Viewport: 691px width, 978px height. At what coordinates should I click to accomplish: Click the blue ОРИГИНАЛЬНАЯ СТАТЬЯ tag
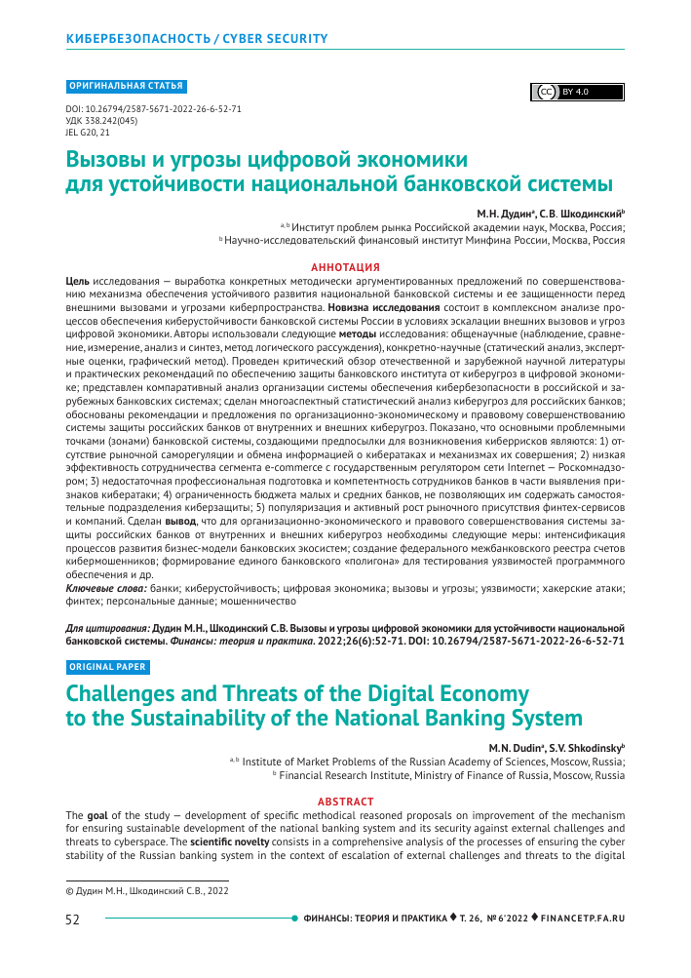pos(126,86)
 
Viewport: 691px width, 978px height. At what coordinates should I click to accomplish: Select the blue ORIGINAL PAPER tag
pos(107,667)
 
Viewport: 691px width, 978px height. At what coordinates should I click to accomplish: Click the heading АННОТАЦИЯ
pos(345,266)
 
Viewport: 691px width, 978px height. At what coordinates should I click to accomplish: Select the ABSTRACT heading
pos(345,802)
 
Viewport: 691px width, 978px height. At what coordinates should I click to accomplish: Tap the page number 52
pos(72,919)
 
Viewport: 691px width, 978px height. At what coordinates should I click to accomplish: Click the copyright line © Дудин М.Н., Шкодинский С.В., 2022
pos(147,889)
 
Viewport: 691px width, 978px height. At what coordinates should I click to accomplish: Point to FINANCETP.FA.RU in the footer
pos(583,919)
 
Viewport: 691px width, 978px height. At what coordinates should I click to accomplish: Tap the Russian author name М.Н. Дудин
pos(506,212)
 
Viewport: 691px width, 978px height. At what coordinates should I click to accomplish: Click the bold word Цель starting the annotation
pos(78,279)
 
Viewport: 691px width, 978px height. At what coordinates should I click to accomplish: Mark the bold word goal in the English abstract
pos(98,814)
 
